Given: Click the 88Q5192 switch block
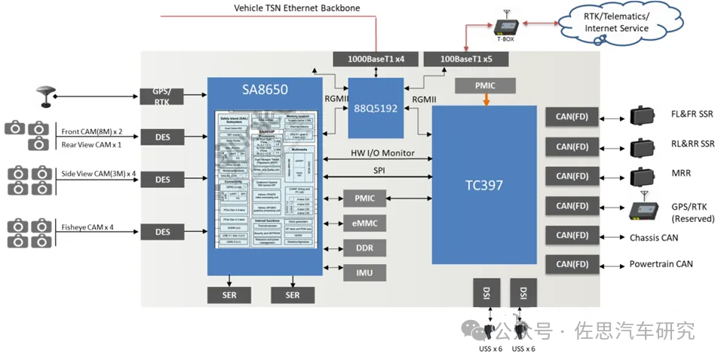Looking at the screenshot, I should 376,107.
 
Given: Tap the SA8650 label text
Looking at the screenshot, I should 265,90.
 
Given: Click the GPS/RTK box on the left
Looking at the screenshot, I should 162,96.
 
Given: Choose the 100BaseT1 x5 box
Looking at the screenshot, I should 464,59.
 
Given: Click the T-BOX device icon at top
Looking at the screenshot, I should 505,29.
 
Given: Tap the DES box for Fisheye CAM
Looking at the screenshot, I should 162,232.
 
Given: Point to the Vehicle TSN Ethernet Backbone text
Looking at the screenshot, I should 296,8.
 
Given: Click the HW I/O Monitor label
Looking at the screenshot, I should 382,153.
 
